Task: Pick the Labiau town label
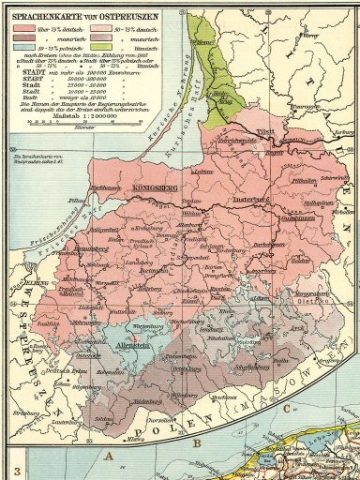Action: (198, 172)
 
